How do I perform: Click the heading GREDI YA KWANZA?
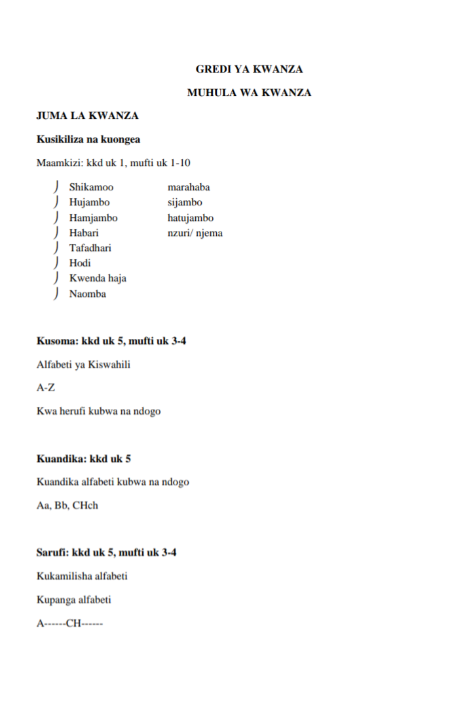click(249, 69)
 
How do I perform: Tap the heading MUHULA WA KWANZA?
click(249, 93)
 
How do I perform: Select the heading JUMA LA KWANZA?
click(87, 116)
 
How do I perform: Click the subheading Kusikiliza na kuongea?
click(88, 139)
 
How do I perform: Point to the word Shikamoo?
click(91, 188)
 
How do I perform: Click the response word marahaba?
click(189, 188)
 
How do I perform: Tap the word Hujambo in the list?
click(90, 203)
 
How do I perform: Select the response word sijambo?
click(185, 203)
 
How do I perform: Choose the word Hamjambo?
click(94, 218)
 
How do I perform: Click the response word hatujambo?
click(190, 218)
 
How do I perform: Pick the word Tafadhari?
click(90, 249)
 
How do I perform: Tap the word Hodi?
click(80, 264)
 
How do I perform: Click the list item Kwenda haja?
click(98, 279)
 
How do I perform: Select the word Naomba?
click(88, 294)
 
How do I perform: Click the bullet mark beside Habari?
click(58, 233)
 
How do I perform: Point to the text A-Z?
click(46, 388)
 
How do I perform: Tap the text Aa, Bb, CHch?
click(67, 506)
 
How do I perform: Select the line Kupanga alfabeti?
click(74, 600)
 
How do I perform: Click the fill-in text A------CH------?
click(69, 623)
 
